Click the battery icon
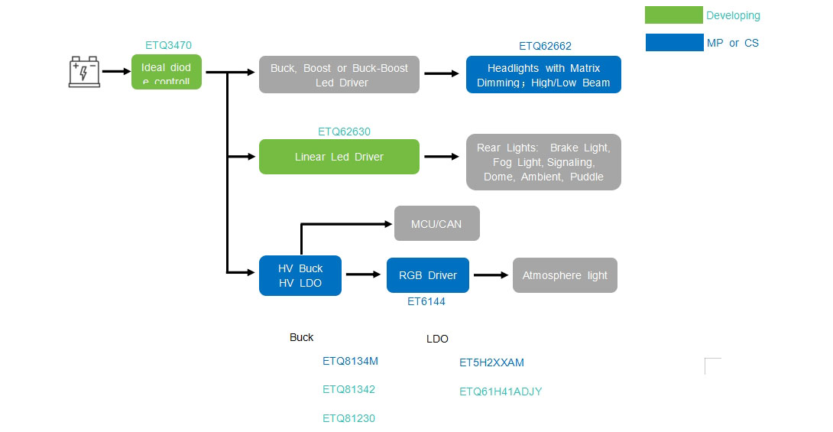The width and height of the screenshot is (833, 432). (x=84, y=72)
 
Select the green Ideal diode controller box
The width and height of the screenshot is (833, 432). (x=166, y=72)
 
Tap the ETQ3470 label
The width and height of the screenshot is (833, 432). (x=168, y=46)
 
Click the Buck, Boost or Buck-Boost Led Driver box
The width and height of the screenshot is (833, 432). (x=339, y=75)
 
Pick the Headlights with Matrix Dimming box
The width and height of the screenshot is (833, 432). (x=543, y=75)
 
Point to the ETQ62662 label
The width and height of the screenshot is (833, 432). (x=545, y=46)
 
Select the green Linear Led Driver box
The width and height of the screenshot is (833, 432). (x=339, y=157)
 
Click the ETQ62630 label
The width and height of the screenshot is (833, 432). (x=344, y=132)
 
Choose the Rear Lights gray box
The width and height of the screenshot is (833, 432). (x=543, y=162)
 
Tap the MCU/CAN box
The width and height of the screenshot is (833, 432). (x=436, y=223)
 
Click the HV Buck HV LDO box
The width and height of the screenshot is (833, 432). (x=300, y=275)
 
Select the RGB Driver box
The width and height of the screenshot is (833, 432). (x=427, y=275)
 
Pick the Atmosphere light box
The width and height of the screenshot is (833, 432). (x=565, y=275)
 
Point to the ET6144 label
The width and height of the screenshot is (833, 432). (x=426, y=301)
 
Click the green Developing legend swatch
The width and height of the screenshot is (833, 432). (x=673, y=15)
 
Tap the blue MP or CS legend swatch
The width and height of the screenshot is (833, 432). (x=673, y=43)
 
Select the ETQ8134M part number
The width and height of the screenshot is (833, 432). (x=350, y=362)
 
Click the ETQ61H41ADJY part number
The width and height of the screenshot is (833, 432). (x=501, y=391)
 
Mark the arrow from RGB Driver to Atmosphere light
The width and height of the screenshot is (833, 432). (x=491, y=275)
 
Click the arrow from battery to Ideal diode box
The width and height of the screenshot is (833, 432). (x=116, y=72)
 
